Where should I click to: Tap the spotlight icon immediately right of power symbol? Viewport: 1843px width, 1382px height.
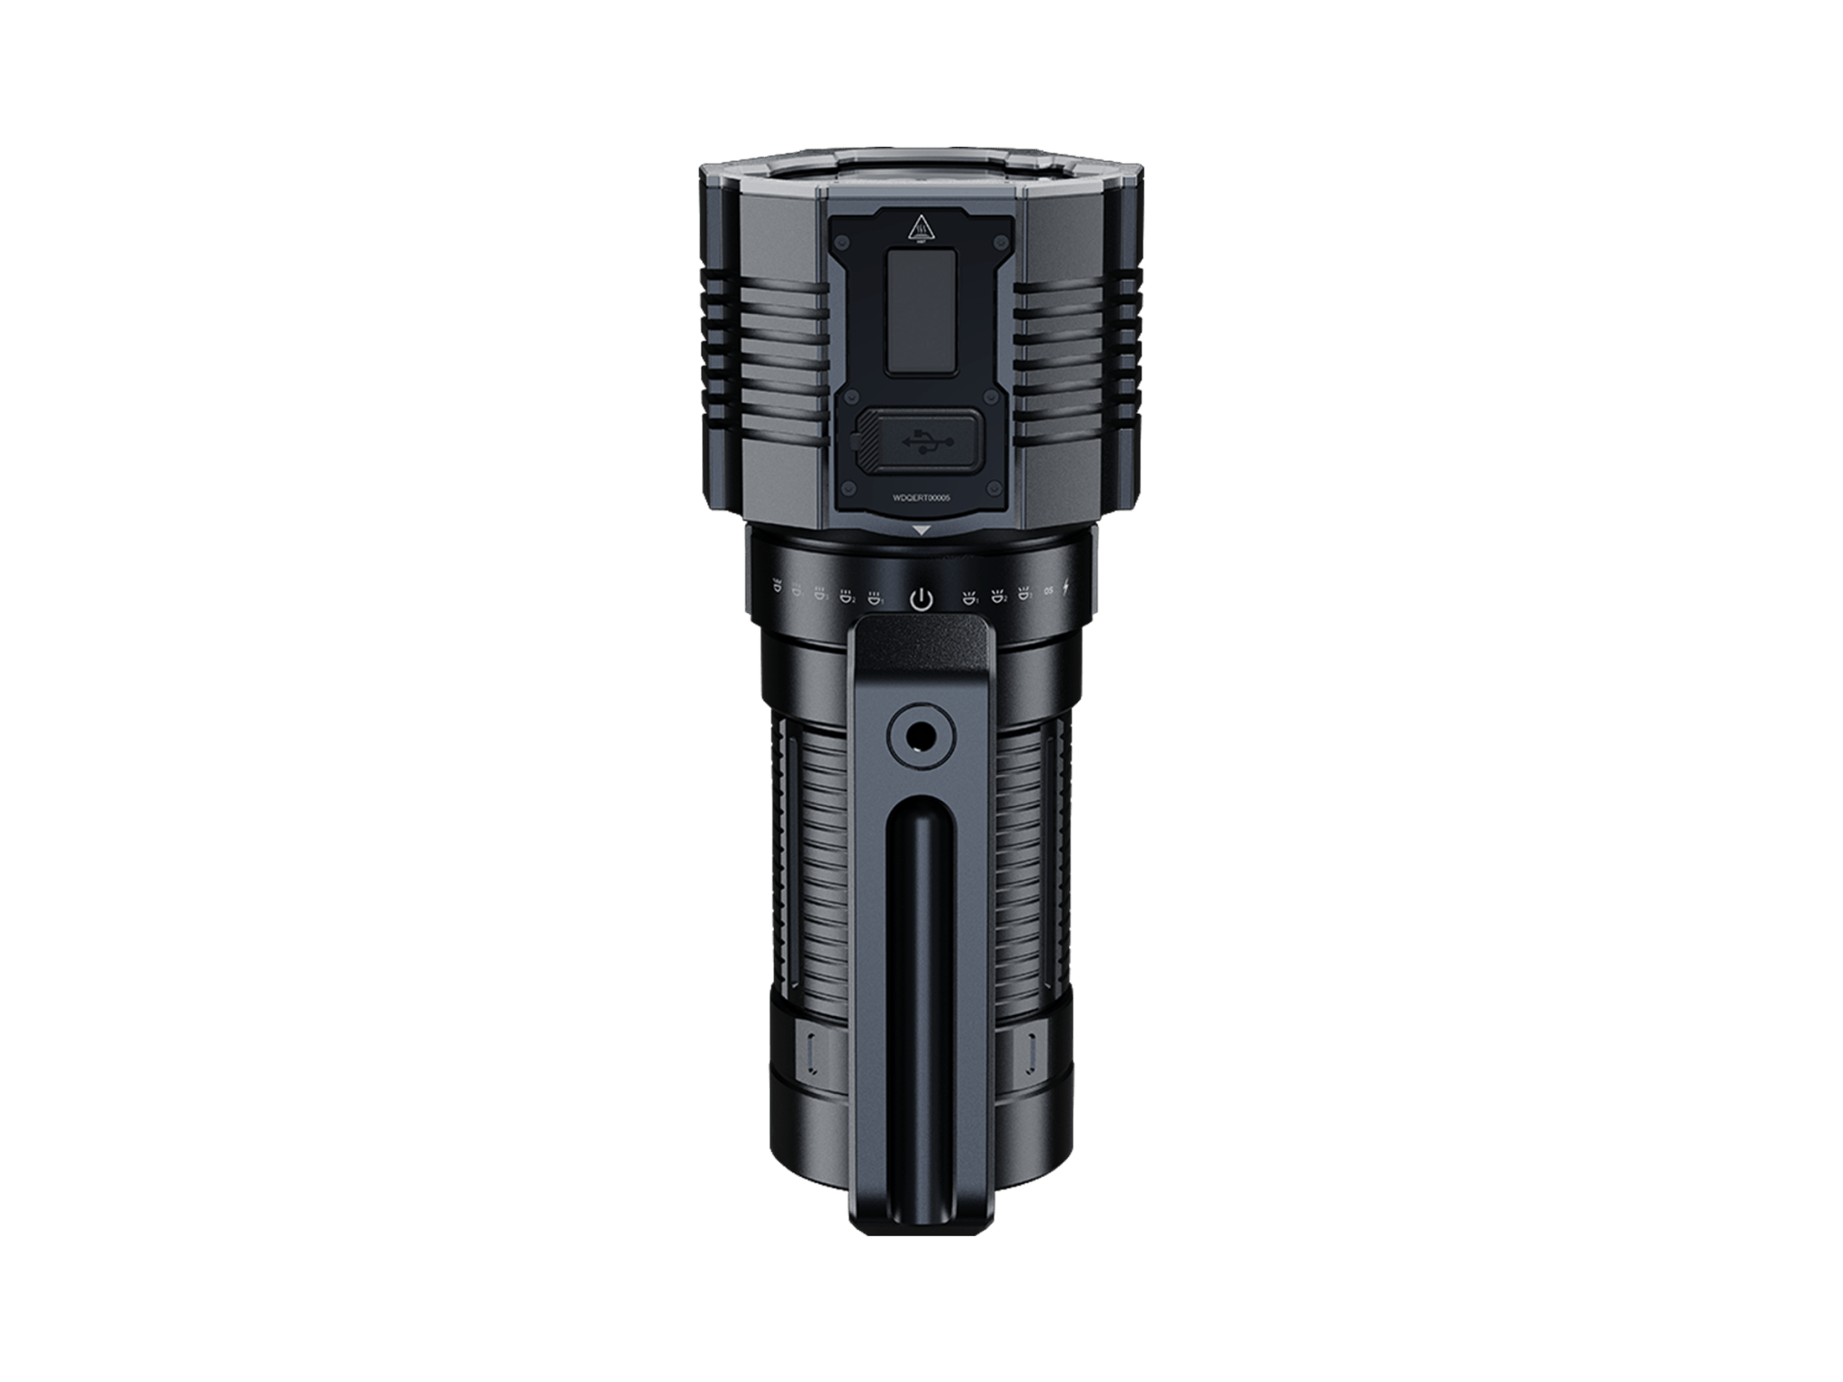tap(969, 597)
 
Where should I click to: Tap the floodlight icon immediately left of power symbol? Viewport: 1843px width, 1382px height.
tap(874, 597)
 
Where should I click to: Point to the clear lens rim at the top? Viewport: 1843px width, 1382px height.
tap(921, 171)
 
